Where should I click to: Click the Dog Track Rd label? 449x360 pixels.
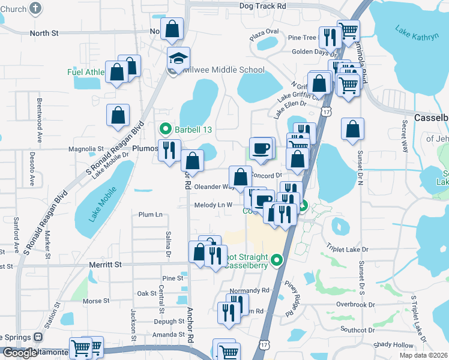(262, 6)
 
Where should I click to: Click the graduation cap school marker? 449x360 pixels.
(178, 59)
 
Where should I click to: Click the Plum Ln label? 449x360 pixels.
(150, 214)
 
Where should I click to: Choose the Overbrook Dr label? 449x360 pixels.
(355, 305)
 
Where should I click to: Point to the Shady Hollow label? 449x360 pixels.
(393, 345)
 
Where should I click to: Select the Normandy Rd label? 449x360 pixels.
(249, 290)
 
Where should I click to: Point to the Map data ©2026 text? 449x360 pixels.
(424, 355)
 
